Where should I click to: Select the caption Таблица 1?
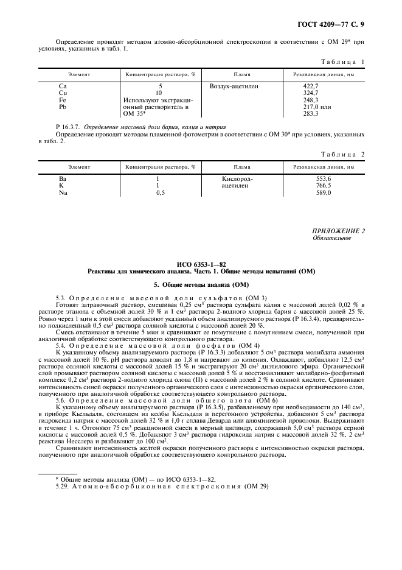click(341, 62)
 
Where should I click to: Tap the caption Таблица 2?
click(341, 155)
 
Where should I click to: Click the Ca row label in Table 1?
click(63, 86)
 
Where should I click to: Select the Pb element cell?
click(63, 107)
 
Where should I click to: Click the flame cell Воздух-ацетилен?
click(234, 86)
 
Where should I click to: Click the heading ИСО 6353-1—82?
click(201, 264)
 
